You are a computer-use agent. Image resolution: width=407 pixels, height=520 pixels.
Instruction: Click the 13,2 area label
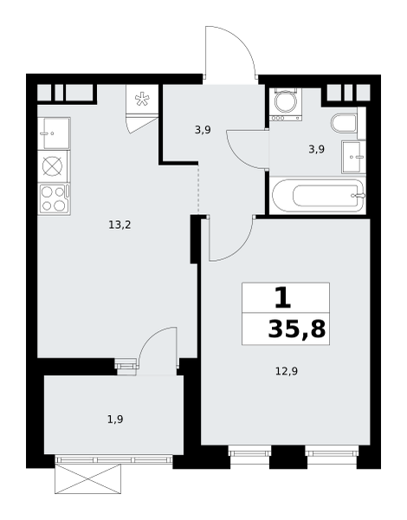(x=120, y=225)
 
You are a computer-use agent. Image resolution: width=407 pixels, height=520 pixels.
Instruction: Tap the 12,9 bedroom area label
(x=287, y=371)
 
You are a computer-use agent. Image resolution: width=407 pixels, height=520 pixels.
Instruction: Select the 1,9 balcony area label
(x=115, y=419)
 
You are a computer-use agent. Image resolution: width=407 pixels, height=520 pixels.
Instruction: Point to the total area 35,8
(x=297, y=329)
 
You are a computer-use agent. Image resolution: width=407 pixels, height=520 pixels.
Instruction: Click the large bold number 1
(x=283, y=297)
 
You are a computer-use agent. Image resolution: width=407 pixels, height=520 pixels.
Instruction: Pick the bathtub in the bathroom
(x=318, y=196)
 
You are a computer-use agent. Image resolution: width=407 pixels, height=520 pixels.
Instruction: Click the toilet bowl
(x=344, y=123)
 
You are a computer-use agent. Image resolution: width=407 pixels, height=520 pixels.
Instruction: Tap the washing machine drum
(x=286, y=102)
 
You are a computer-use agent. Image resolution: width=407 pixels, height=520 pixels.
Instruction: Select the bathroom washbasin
(x=353, y=157)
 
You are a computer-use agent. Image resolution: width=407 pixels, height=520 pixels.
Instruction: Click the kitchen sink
(x=54, y=133)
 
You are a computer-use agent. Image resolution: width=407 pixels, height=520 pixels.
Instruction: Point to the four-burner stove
(x=54, y=199)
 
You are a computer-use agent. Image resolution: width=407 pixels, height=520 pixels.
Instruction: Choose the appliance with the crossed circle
(x=53, y=166)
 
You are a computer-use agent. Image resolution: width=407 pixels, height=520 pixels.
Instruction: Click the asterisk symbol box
(x=142, y=99)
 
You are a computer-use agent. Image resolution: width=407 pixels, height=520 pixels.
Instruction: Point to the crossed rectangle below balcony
(x=87, y=479)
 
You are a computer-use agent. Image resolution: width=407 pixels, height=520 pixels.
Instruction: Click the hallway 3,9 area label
(x=203, y=130)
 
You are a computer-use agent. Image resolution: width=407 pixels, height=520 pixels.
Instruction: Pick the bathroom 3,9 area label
(x=317, y=150)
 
